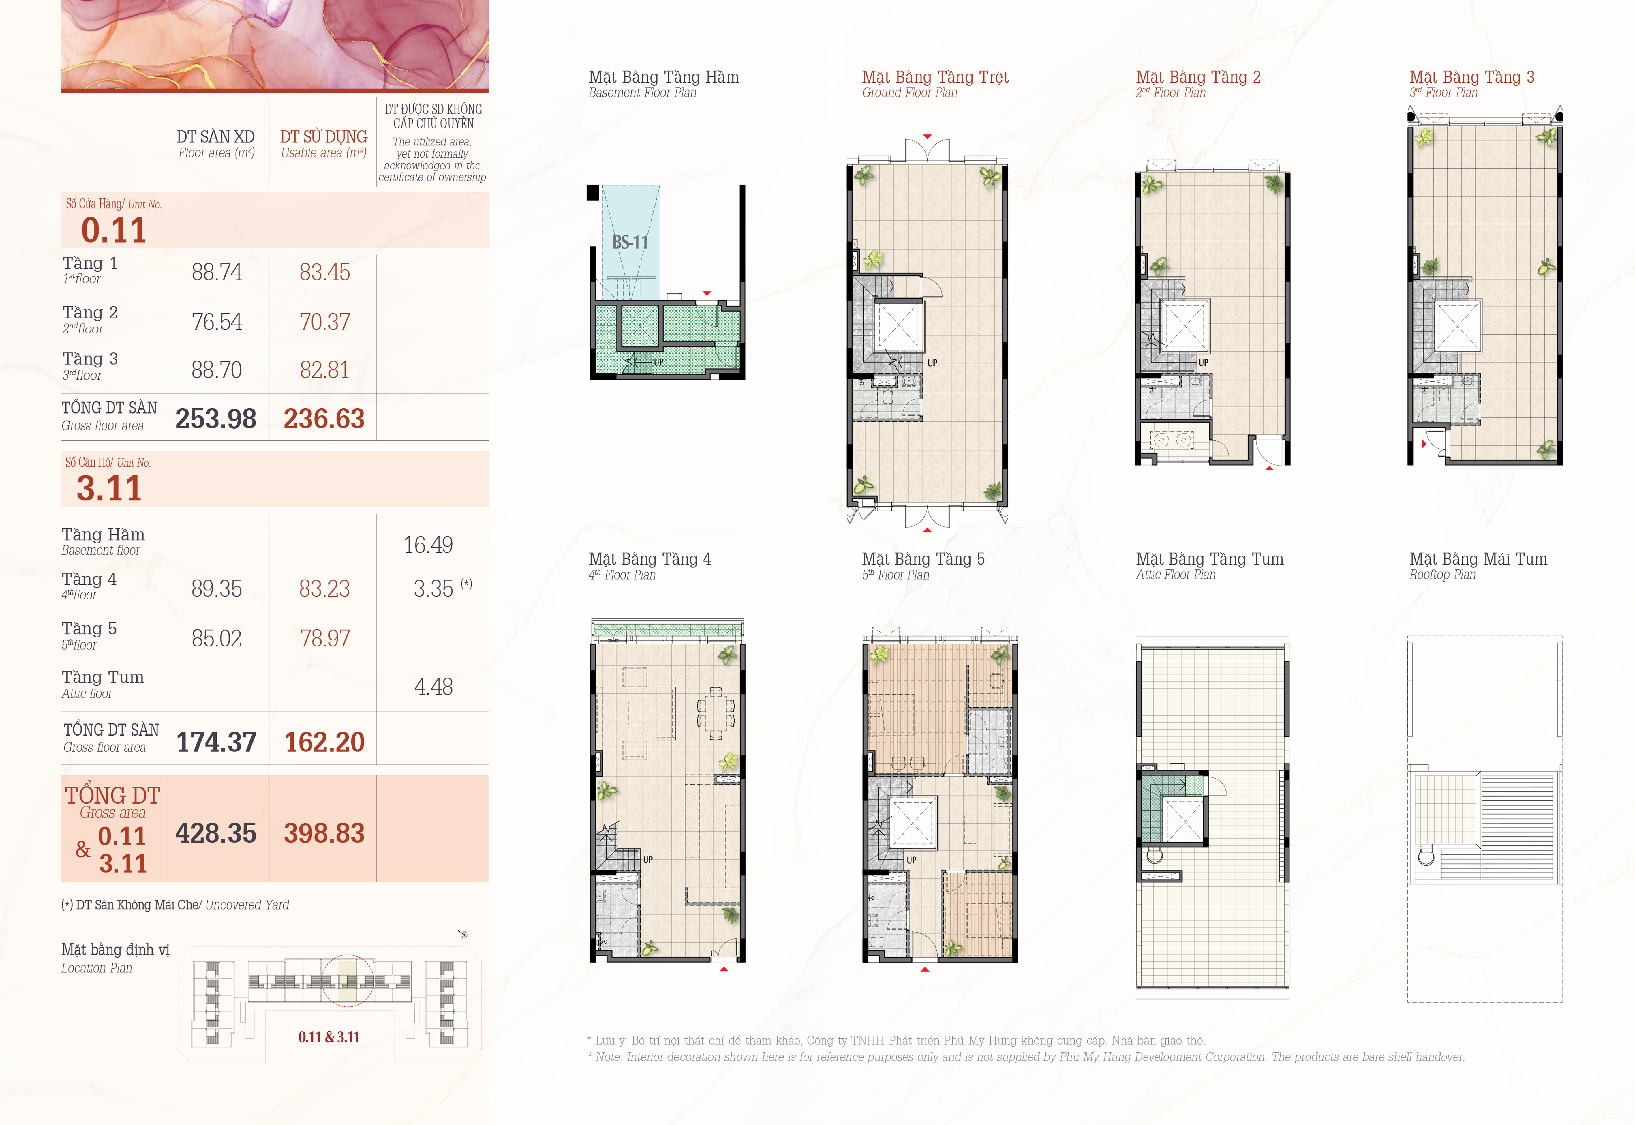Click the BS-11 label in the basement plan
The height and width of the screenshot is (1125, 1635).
(x=630, y=243)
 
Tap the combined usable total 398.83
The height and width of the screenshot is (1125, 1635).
(x=324, y=833)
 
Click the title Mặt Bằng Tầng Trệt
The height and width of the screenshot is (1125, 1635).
(x=935, y=77)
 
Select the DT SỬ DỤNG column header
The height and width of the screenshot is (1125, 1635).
(x=324, y=136)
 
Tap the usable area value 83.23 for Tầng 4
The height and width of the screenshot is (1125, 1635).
(x=324, y=588)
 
